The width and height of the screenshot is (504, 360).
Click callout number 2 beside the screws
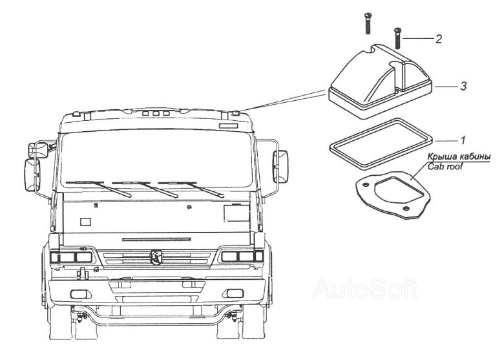pyautogui.click(x=439, y=39)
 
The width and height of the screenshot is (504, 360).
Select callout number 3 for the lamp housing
pyautogui.click(x=463, y=86)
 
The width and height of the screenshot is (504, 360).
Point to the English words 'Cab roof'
pyautogui.click(x=445, y=166)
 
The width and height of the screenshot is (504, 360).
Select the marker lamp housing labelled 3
pyautogui.click(x=378, y=81)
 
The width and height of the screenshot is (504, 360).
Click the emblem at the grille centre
pyautogui.click(x=156, y=257)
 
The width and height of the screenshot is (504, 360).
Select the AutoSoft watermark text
pyautogui.click(x=365, y=288)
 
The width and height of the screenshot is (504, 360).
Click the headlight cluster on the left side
pyautogui.click(x=71, y=257)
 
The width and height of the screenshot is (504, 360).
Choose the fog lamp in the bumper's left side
pyautogui.click(x=79, y=296)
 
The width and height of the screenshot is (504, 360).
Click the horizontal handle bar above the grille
pyautogui.click(x=156, y=239)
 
